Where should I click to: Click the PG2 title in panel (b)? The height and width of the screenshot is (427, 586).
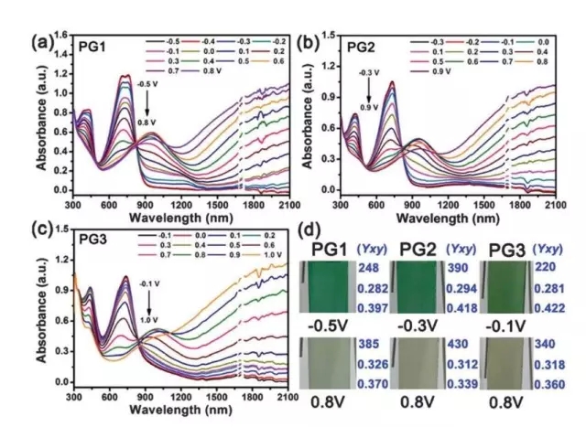point(341,43)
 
